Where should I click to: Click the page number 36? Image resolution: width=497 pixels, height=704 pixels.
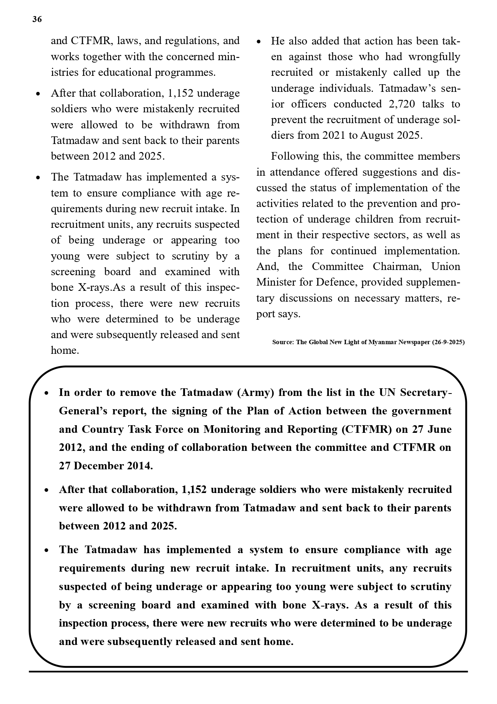click(x=37, y=20)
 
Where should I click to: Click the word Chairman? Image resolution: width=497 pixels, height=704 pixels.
click(x=398, y=267)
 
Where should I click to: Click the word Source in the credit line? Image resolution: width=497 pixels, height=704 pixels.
click(x=282, y=342)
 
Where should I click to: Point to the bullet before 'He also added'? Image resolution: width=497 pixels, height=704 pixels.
click(x=259, y=42)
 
